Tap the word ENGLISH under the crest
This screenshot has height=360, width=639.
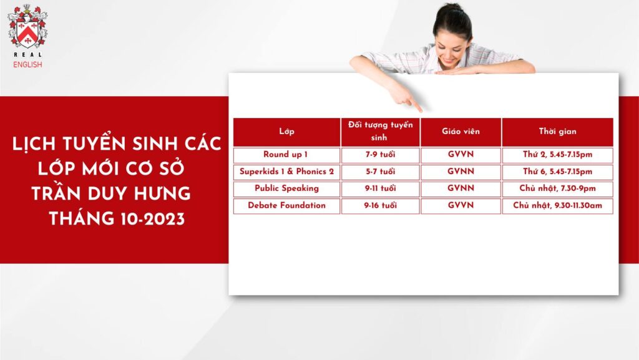click(27, 64)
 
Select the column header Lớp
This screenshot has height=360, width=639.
click(286, 132)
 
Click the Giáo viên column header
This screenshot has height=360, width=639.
click(461, 132)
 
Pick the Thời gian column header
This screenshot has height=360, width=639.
click(557, 132)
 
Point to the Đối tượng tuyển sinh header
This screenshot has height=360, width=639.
click(380, 132)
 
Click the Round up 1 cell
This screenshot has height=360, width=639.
click(286, 155)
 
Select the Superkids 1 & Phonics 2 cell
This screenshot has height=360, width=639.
click(286, 172)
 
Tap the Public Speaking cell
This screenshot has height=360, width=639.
click(286, 189)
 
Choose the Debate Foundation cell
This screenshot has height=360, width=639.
click(286, 206)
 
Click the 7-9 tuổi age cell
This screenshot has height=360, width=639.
click(380, 155)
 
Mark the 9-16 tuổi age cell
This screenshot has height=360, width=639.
click(380, 206)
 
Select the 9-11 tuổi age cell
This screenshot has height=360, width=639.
click(380, 189)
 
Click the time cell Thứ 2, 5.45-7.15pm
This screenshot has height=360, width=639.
click(557, 155)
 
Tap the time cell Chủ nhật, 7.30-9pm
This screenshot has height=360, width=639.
click(557, 189)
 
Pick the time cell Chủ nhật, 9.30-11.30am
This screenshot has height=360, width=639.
click(557, 206)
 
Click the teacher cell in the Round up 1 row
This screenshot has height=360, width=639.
click(461, 155)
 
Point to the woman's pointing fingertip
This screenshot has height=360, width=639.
click(420, 110)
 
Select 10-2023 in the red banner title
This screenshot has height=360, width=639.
click(152, 219)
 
